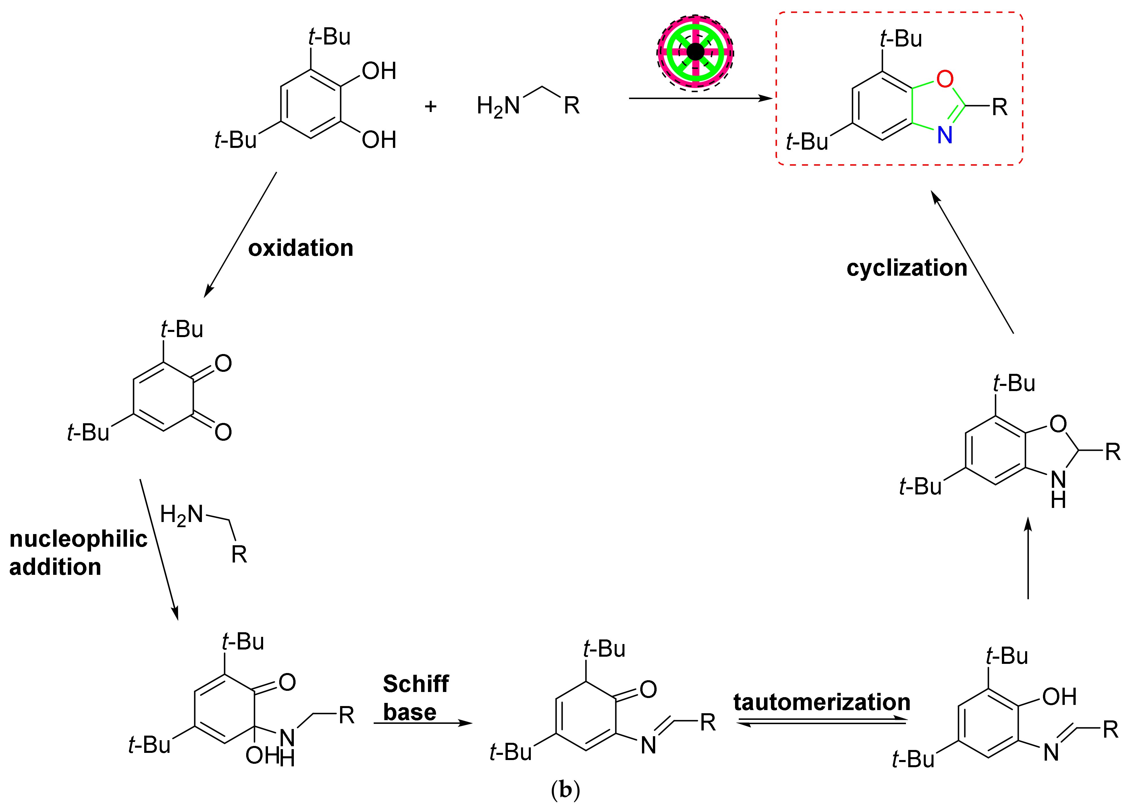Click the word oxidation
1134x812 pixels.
point(300,248)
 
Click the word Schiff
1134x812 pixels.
point(416,684)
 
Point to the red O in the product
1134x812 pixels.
point(944,79)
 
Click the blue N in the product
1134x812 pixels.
point(944,135)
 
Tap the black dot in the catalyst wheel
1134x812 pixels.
point(695,51)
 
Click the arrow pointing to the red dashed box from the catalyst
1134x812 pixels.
point(700,98)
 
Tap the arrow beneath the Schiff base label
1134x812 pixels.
point(423,723)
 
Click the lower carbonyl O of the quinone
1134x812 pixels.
point(223,432)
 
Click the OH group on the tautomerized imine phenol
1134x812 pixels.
point(1059,697)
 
